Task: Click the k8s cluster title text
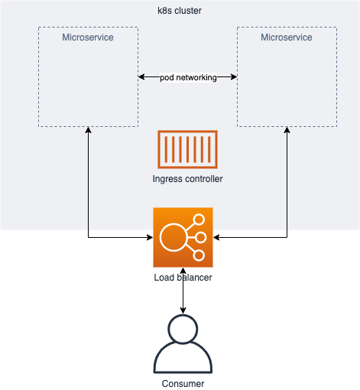click(180, 11)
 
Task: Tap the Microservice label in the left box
click(88, 37)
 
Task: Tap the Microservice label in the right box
click(287, 37)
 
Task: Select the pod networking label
click(188, 77)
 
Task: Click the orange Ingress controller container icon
click(187, 149)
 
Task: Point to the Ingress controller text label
click(187, 179)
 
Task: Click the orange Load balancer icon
click(183, 237)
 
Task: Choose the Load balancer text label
click(183, 278)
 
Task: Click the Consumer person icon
click(183, 344)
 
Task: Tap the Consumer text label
click(183, 384)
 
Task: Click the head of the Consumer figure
click(183, 329)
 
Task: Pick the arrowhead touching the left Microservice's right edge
click(141, 76)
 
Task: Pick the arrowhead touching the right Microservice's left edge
click(234, 76)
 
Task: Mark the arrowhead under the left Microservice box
click(88, 130)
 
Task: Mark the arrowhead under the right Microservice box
click(287, 130)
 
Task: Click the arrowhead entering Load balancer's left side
click(150, 237)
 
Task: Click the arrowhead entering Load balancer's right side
click(216, 237)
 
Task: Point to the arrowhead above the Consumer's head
click(183, 310)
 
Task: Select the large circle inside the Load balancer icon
click(174, 237)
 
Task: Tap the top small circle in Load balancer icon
click(199, 219)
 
